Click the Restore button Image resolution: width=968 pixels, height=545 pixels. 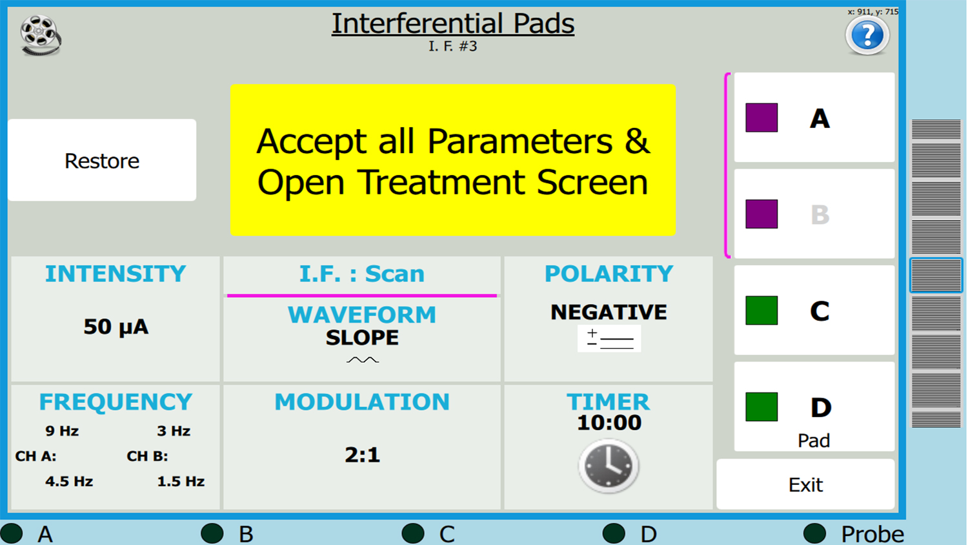point(102,160)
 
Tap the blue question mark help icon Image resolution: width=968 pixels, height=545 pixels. point(867,35)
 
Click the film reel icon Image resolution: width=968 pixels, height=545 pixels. point(40,35)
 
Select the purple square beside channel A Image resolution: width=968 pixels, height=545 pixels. point(761,118)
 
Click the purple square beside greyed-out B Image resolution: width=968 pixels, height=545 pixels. point(761,214)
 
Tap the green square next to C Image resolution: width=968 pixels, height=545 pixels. point(761,310)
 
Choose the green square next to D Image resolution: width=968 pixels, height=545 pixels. point(761,407)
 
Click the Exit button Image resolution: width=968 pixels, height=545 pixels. point(805,484)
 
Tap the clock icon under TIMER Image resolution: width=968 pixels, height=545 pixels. point(609,466)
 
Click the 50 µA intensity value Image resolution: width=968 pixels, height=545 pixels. point(116,327)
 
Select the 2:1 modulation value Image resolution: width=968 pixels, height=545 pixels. point(362,455)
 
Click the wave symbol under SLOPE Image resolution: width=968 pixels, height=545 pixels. point(363,360)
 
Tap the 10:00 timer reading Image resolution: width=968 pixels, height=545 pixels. point(609,422)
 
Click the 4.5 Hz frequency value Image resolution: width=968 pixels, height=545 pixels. point(69,481)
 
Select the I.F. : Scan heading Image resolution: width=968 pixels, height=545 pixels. point(362,274)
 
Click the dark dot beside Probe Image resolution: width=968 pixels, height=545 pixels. point(814,533)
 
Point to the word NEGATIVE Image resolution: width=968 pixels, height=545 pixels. point(609,312)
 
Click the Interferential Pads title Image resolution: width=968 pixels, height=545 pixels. point(453,23)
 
